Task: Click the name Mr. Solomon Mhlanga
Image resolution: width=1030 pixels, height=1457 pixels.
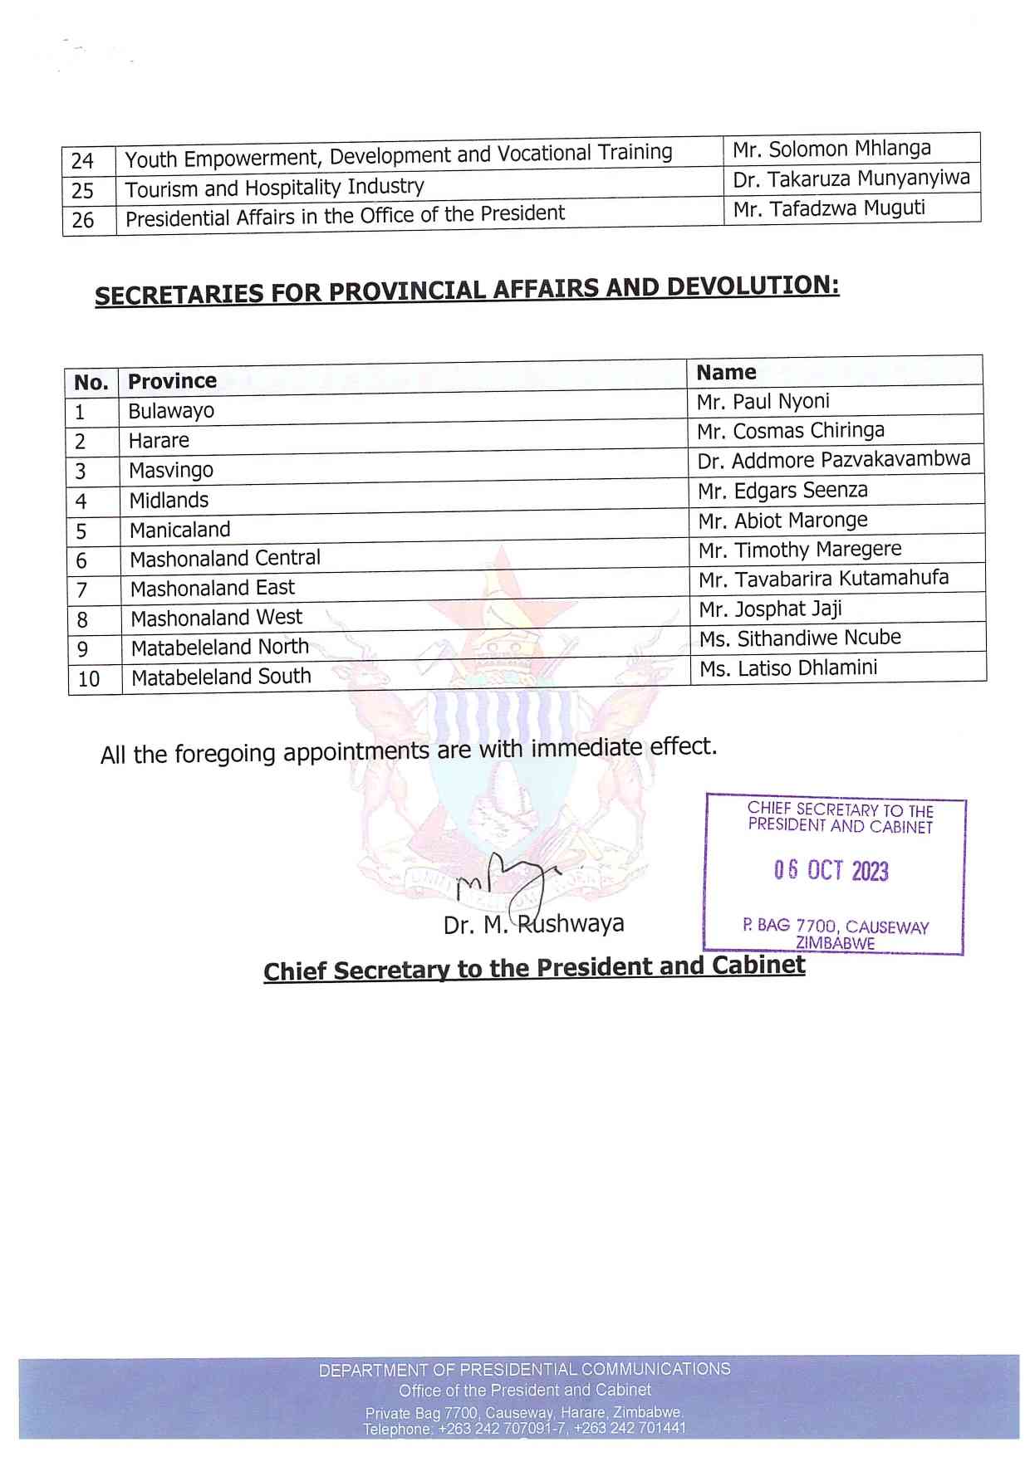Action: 831,149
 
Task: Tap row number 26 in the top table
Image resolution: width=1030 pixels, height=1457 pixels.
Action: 83,220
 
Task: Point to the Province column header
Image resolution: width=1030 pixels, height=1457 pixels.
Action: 172,381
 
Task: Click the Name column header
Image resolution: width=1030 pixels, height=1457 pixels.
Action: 726,373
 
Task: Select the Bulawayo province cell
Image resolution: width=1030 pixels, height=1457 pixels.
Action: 171,411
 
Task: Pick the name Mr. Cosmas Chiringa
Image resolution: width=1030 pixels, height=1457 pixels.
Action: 791,431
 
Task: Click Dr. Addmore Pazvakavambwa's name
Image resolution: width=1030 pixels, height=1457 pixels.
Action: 834,460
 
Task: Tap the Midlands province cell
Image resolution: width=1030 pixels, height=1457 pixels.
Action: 169,501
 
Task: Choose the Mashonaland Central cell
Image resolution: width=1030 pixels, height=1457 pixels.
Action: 225,559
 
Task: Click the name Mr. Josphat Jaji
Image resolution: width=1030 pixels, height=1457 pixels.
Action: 770,609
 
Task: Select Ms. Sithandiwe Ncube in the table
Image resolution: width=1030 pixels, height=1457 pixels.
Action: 800,638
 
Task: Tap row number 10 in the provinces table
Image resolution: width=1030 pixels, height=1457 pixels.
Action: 89,679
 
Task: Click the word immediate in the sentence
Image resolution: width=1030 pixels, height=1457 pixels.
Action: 587,748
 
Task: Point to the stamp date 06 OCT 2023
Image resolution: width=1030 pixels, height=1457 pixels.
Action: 831,870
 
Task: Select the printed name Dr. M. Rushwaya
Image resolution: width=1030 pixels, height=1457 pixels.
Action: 533,924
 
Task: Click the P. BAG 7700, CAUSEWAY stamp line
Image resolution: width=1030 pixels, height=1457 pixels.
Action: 836,926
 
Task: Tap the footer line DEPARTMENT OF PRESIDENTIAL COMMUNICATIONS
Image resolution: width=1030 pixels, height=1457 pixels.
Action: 524,1369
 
